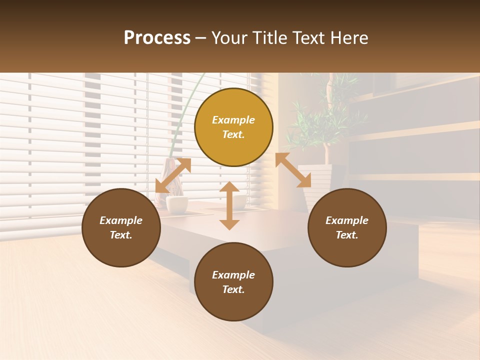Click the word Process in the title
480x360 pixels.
click(157, 38)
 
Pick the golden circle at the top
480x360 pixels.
click(233, 127)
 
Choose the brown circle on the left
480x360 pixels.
click(121, 227)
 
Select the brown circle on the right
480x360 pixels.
click(347, 227)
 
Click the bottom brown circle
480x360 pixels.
click(233, 281)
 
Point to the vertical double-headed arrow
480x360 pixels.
click(229, 205)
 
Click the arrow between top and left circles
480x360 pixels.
click(173, 175)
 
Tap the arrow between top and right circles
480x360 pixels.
click(293, 170)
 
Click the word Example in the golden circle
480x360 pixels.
click(233, 120)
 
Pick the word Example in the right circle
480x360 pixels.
click(347, 220)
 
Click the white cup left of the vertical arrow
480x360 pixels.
click(177, 203)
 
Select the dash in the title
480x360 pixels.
click(201, 38)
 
